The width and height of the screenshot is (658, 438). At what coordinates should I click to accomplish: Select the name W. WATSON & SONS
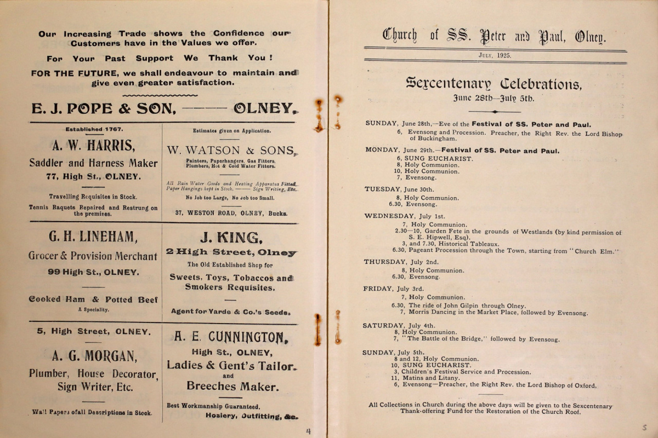(230, 150)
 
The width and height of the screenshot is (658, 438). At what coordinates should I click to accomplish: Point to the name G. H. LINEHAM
(93, 237)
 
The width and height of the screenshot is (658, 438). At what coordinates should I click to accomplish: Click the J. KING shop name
(231, 237)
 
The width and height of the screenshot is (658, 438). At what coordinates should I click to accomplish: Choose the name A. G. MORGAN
(94, 356)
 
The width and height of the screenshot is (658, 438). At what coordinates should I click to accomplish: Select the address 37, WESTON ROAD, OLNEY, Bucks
(230, 213)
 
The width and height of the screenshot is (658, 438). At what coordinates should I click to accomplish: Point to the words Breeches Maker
(232, 386)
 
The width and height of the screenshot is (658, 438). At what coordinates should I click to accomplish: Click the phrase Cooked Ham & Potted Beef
(93, 299)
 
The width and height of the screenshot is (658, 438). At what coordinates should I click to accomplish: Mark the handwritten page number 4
(308, 431)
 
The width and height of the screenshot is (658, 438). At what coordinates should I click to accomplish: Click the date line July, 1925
(495, 56)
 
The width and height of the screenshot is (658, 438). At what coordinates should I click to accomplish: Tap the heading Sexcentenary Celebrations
(493, 84)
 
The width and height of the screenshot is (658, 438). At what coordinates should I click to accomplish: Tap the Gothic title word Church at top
(400, 36)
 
